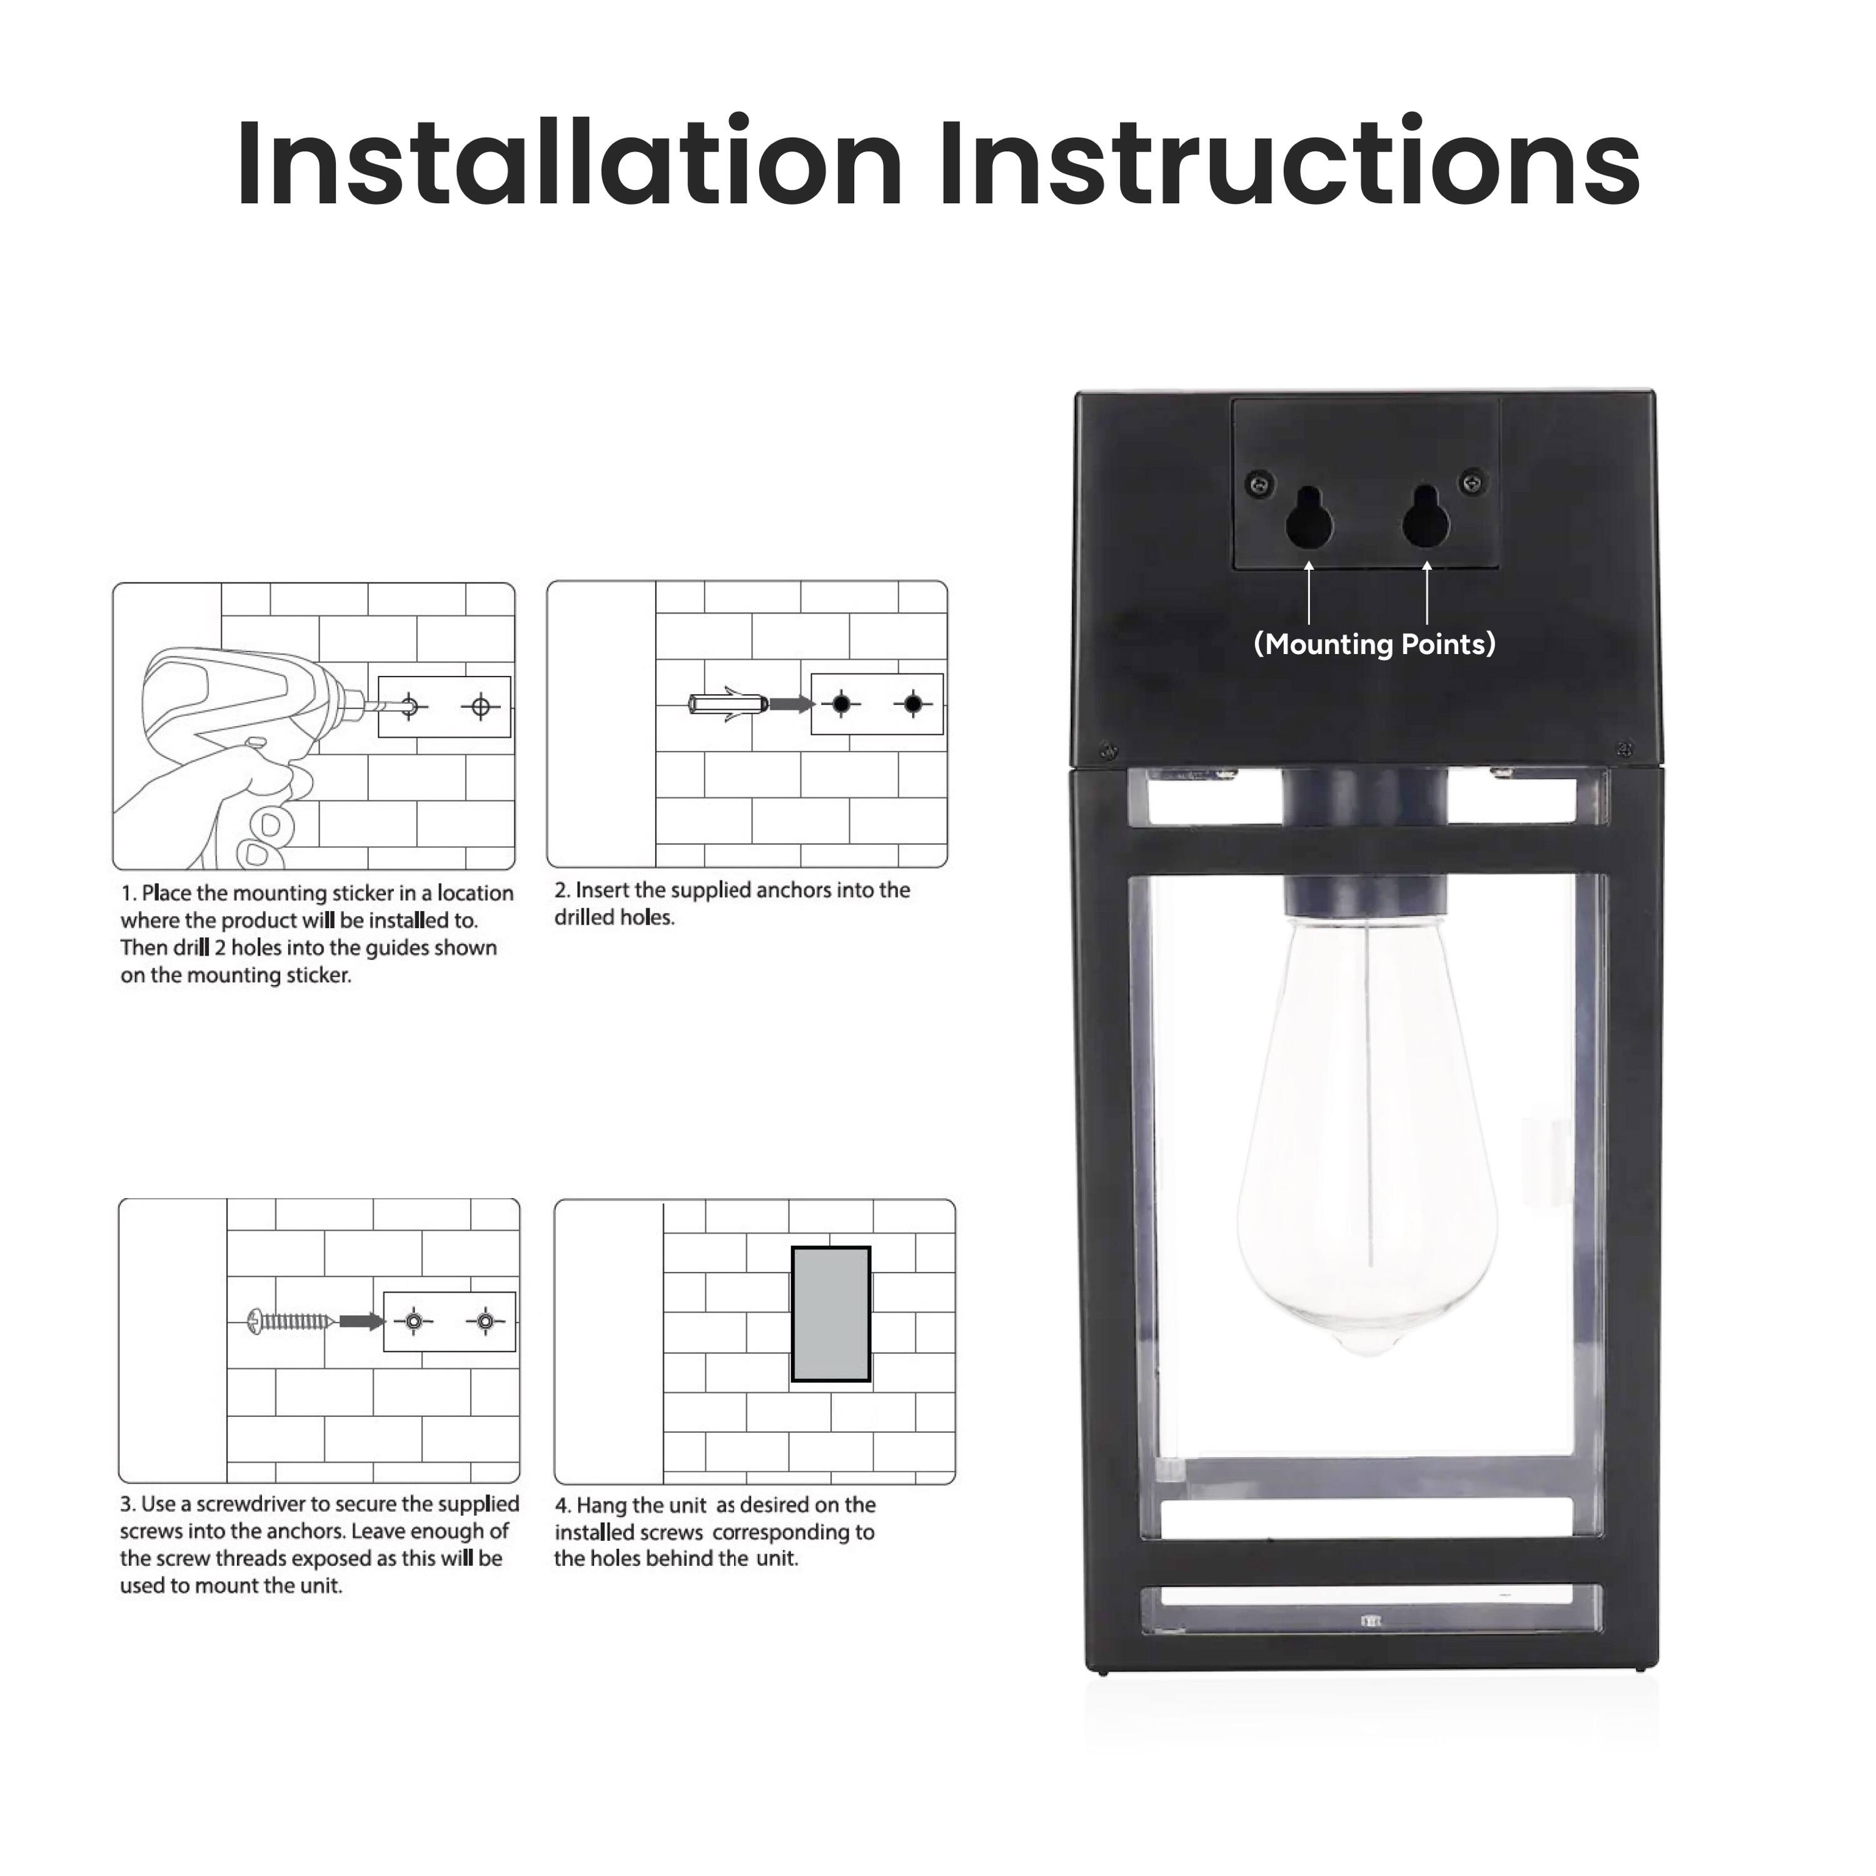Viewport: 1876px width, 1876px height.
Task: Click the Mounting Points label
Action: click(1374, 645)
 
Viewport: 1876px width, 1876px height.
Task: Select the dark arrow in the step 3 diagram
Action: click(361, 1321)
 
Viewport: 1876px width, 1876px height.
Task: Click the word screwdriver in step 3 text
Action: click(251, 1504)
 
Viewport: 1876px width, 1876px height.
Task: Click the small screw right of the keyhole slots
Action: click(1472, 480)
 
